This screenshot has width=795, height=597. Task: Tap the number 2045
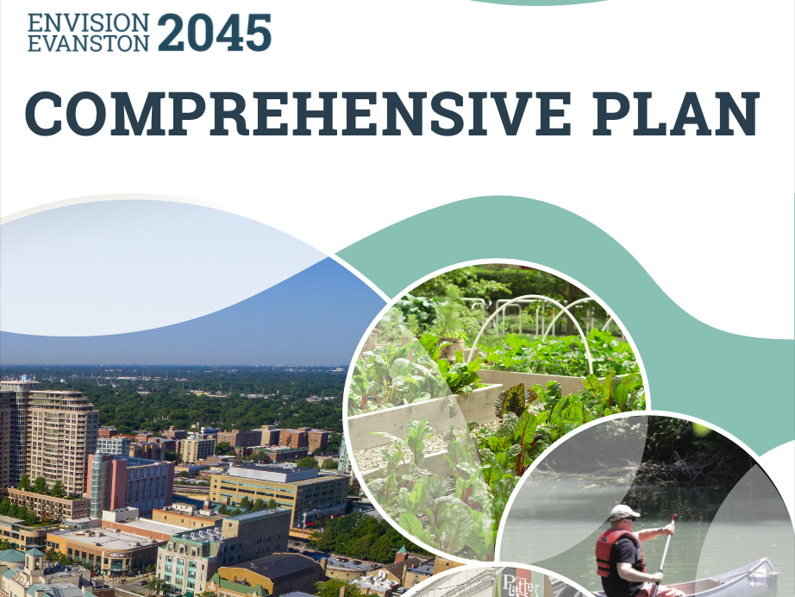coord(215,32)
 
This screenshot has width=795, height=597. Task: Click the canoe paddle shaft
coord(664,552)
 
